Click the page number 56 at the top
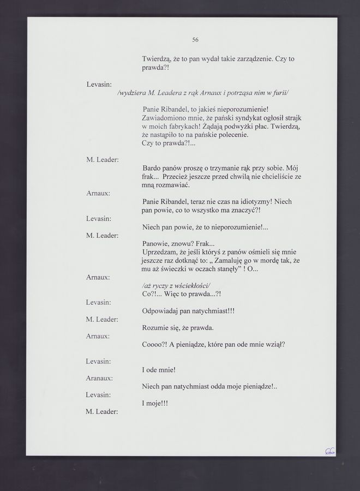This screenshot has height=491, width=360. click(195, 39)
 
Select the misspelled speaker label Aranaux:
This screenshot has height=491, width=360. click(99, 378)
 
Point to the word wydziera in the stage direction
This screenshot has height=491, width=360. click(133, 93)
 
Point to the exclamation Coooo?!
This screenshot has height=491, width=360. click(157, 345)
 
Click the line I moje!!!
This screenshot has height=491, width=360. click(155, 403)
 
